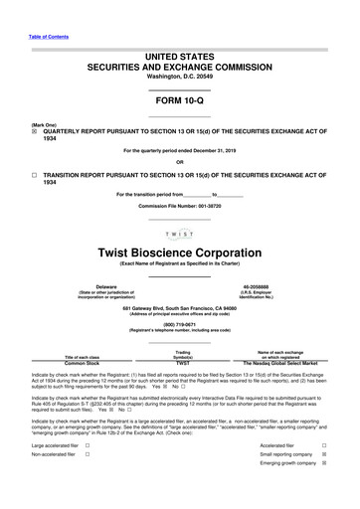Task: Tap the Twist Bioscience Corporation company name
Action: [179, 254]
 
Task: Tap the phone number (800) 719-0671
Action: [179, 323]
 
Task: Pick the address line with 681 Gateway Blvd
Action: [179, 307]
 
